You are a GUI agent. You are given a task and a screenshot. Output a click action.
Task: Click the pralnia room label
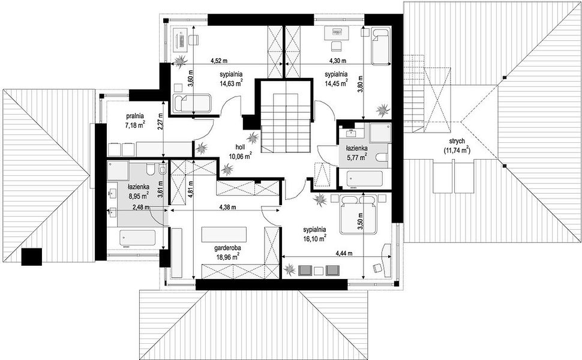tap(134, 116)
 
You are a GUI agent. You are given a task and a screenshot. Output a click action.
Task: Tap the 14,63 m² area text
tap(231, 83)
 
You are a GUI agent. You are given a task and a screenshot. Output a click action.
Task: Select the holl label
tap(240, 148)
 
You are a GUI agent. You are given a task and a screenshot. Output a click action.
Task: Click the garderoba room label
tap(226, 247)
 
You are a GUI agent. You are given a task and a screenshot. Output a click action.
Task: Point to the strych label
tap(457, 142)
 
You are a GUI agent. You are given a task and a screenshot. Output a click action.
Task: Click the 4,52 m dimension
tap(219, 60)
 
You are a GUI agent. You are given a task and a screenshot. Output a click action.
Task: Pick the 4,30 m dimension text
tap(338, 60)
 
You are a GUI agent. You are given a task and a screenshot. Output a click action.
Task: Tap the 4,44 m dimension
tap(344, 254)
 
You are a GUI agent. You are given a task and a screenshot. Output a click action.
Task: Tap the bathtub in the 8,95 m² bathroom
tap(137, 238)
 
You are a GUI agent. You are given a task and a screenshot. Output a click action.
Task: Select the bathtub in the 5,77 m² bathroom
tap(364, 179)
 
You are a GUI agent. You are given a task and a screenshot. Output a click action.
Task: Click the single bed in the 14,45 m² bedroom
tap(380, 46)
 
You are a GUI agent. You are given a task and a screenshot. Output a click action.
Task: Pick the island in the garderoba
tap(224, 234)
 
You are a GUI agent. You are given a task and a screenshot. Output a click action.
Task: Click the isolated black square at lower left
tap(32, 257)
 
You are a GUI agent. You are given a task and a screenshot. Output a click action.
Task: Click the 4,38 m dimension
tap(227, 207)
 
